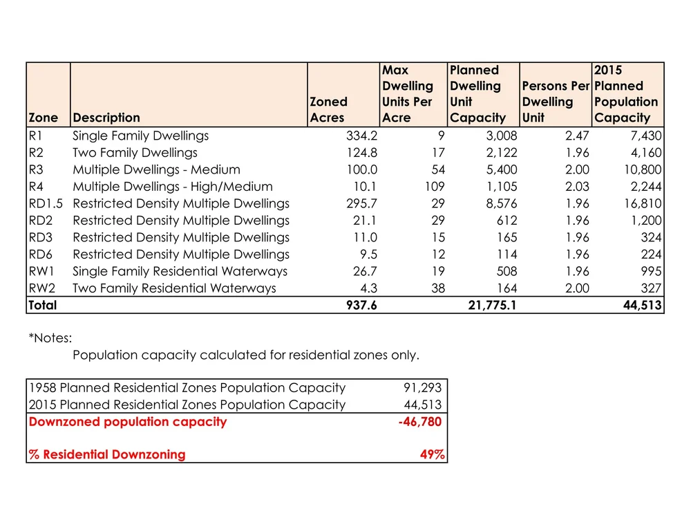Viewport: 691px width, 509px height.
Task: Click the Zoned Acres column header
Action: [x=328, y=109]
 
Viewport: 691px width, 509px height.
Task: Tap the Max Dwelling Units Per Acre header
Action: [x=408, y=94]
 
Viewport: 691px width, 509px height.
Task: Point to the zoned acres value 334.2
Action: [x=361, y=136]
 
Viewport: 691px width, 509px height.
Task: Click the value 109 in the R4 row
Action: [x=434, y=186]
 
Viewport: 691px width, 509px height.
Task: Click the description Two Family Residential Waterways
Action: [x=174, y=288]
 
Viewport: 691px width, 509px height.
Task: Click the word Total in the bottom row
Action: [x=43, y=305]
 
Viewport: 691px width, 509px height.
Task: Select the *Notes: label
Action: [x=50, y=338]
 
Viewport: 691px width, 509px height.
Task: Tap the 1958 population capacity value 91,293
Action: [x=423, y=388]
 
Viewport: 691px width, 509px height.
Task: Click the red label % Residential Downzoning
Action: [x=108, y=454]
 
